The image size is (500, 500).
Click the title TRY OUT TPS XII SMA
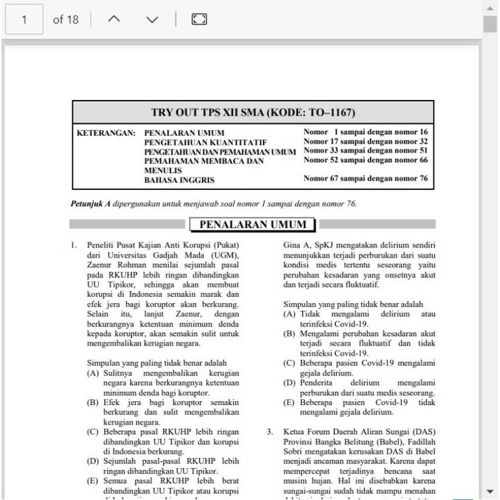click(253, 113)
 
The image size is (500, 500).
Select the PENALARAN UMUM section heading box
click(252, 225)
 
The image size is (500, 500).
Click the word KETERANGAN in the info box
click(106, 133)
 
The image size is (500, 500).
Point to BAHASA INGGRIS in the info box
click(179, 180)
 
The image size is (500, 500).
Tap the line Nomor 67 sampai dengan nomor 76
click(366, 179)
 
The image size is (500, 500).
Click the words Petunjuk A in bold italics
click(86, 204)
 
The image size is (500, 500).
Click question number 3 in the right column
click(270, 431)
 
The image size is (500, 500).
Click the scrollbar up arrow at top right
click(490, 7)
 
